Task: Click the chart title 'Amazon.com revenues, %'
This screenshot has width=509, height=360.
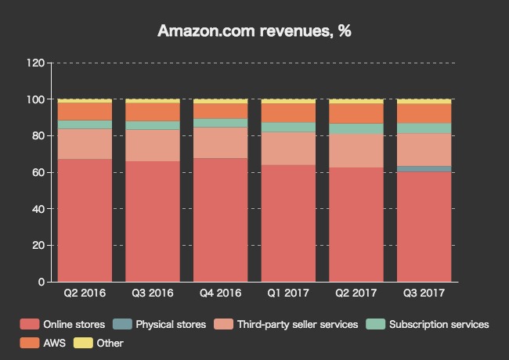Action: pos(254,31)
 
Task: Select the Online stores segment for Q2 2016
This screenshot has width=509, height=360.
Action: pos(85,220)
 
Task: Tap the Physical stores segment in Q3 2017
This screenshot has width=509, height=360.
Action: pos(424,169)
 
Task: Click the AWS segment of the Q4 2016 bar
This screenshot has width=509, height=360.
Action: pos(220,111)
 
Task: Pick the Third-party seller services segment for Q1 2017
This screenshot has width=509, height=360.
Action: pos(288,149)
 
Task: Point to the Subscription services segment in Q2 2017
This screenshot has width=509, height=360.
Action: pos(356,128)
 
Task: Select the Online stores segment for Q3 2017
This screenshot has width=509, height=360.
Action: pos(424,226)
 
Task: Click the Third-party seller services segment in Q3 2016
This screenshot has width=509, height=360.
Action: pos(153,146)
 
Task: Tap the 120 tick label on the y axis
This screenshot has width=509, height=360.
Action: pos(35,63)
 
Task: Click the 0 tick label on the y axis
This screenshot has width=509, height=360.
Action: pos(41,282)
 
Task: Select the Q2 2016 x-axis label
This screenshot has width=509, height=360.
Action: pos(85,293)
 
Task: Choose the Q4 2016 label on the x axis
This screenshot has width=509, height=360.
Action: pos(220,293)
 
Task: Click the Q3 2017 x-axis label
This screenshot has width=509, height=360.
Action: pos(424,293)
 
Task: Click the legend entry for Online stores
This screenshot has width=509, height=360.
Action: pos(67,324)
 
